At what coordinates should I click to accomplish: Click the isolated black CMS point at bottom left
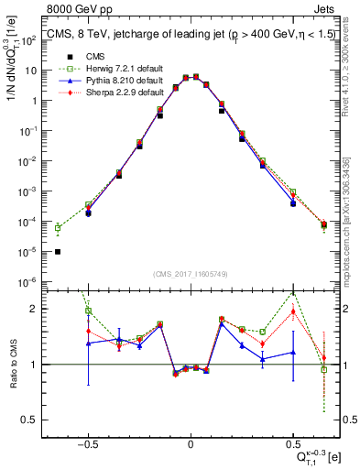click(58, 252)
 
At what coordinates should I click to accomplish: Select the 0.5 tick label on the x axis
click(293, 442)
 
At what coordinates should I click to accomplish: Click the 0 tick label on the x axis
click(190, 442)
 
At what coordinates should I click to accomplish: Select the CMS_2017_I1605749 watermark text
click(190, 274)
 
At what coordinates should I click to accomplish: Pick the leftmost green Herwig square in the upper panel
click(58, 228)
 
